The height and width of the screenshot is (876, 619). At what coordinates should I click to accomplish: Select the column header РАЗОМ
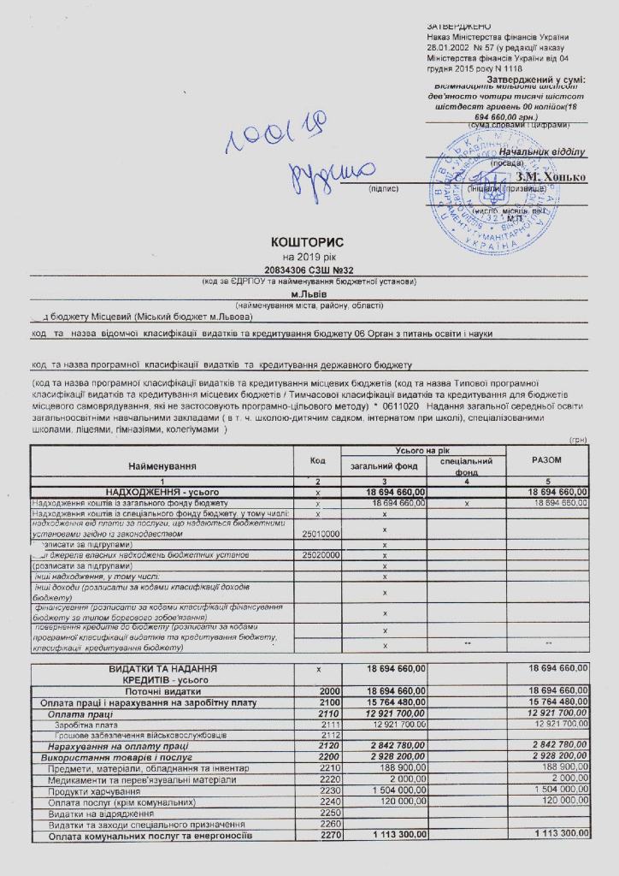[x=546, y=460]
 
